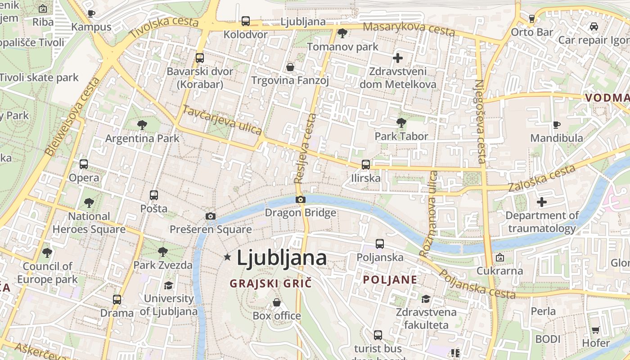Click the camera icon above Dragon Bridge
pos(301,199)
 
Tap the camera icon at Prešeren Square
pos(210,216)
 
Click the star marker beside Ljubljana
pos(227,257)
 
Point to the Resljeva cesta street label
pos(306,148)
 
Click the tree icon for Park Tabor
pos(401,122)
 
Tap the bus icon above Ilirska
pos(365,165)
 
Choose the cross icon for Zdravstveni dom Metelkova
pos(397,58)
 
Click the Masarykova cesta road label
pos(409,29)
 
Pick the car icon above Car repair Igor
pos(594,27)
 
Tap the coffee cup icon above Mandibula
pos(556,125)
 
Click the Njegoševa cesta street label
pos(480,121)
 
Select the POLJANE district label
pos(390,280)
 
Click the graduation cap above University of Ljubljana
pos(168,285)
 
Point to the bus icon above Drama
pos(117,299)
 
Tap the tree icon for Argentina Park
pos(142,125)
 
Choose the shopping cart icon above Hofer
pos(595,330)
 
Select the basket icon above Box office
pos(277,302)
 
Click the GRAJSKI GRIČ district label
pos(270,283)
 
